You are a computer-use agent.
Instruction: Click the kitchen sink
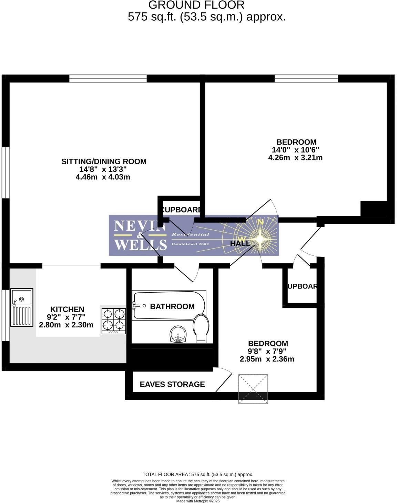(22, 307)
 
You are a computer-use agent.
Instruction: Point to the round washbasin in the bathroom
(178, 334)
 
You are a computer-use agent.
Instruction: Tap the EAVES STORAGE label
(172, 384)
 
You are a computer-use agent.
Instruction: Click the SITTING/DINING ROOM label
(104, 161)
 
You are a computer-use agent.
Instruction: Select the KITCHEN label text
(67, 309)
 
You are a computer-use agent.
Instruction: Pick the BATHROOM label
(172, 306)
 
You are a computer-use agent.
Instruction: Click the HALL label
(240, 243)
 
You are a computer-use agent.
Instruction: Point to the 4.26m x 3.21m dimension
(295, 158)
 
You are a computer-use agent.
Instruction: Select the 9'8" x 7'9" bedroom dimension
(267, 351)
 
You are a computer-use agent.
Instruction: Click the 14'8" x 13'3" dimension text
(103, 169)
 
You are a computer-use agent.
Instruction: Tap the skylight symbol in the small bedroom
(253, 389)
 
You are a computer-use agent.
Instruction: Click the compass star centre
(260, 239)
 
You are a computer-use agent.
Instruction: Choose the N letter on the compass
(261, 222)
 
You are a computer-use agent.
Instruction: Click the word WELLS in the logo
(140, 245)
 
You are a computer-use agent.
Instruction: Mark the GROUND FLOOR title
(196, 5)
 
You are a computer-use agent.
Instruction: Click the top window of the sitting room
(108, 78)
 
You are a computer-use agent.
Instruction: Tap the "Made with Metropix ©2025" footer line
(198, 501)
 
